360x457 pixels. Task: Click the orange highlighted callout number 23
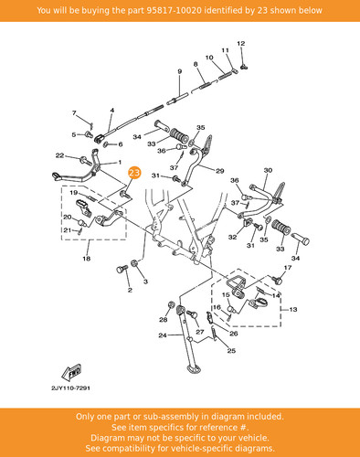134,173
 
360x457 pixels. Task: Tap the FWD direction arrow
71,372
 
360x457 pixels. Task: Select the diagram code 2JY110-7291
70,388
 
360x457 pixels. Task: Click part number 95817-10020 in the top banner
174,10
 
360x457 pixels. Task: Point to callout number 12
240,44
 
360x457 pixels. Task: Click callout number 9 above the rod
180,71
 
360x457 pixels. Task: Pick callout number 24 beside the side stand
163,335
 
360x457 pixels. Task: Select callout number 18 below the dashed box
87,259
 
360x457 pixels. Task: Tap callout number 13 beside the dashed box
293,310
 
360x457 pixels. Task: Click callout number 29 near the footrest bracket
220,171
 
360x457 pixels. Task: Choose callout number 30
268,170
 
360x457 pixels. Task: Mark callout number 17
288,268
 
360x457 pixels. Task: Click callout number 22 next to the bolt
59,155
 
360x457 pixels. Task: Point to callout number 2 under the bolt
130,290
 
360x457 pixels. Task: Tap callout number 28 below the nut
164,320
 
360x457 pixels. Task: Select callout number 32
232,237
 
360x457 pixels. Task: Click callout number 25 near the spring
231,351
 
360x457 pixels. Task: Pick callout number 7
74,113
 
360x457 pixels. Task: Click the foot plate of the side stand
194,369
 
